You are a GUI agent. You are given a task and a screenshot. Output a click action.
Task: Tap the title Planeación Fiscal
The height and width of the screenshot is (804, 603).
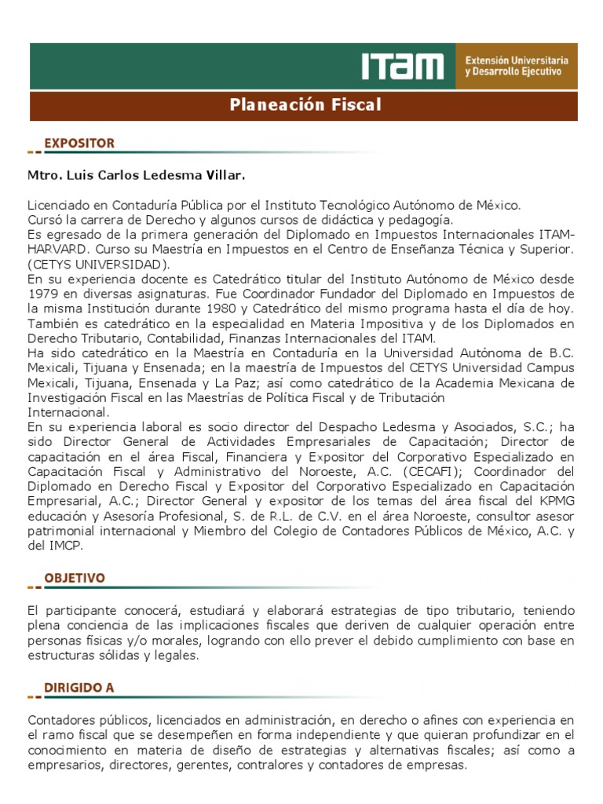point(305,104)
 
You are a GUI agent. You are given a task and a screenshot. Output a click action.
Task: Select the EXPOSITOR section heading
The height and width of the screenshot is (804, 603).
point(79,143)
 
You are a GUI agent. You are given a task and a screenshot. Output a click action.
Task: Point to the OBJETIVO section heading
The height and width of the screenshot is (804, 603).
point(75,577)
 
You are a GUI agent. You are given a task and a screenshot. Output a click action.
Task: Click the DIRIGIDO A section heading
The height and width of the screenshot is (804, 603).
point(79,687)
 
